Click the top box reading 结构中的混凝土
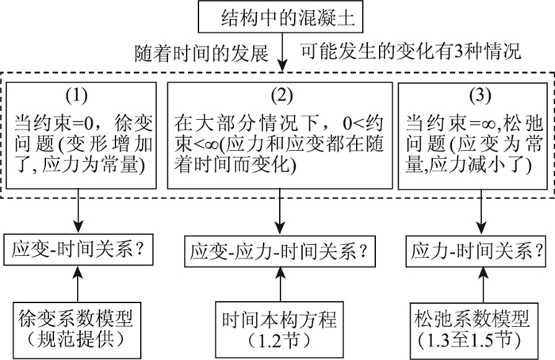click(281, 17)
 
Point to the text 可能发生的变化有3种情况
click(411, 52)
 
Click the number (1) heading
click(77, 95)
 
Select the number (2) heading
click(281, 95)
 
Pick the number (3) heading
click(480, 95)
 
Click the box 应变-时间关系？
click(78, 249)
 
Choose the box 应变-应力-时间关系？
click(280, 251)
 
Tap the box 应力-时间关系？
click(477, 251)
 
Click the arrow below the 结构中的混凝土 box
click(281, 52)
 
